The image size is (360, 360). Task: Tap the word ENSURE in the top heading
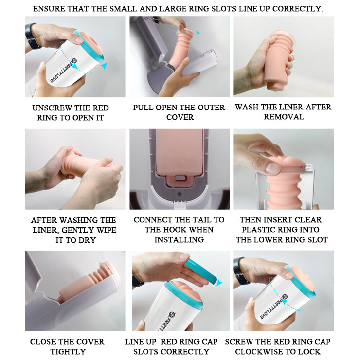point(47,9)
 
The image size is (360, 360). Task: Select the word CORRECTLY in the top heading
point(297,9)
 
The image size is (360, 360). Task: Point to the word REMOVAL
point(284,117)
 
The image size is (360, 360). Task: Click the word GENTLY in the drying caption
point(78,230)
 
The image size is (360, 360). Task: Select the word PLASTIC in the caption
point(258,230)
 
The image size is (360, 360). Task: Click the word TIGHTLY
point(68,352)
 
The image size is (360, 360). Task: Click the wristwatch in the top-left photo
point(32,36)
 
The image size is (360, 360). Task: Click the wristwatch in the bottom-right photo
point(240,271)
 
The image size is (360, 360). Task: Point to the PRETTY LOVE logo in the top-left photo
point(65,71)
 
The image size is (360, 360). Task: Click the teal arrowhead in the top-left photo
point(104,66)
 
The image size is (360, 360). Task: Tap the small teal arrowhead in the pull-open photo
point(198,33)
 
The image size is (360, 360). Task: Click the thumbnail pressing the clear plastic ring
point(273,168)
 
